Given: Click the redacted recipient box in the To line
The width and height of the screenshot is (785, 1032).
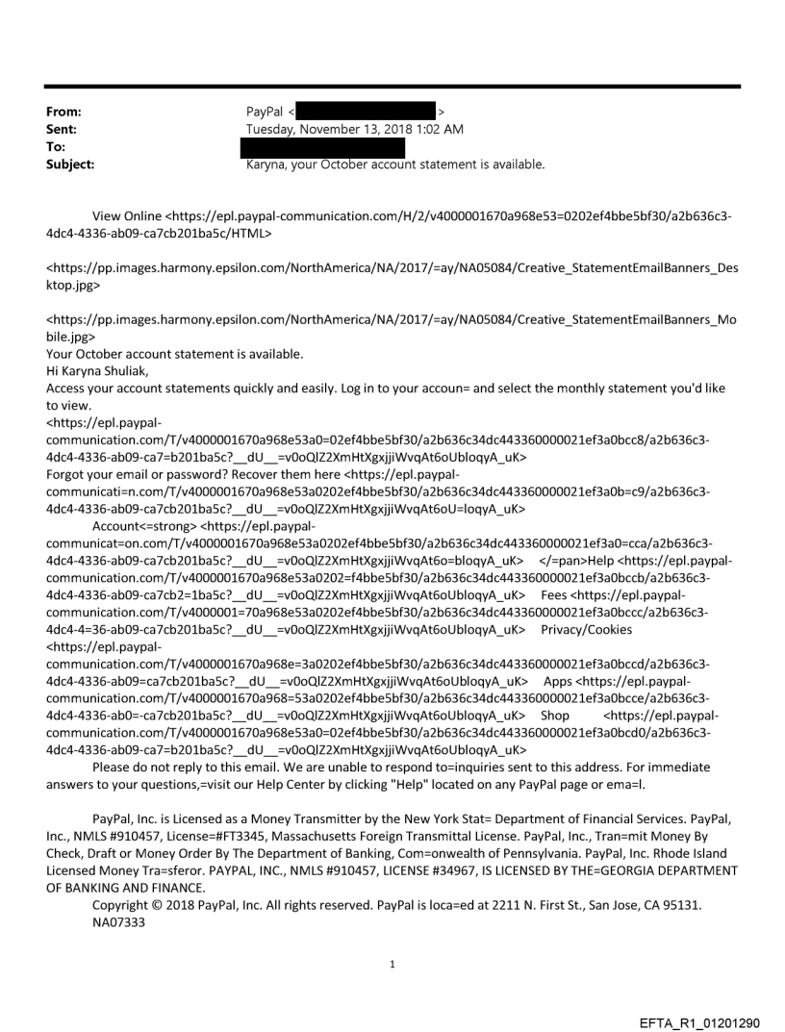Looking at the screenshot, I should [x=322, y=147].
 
